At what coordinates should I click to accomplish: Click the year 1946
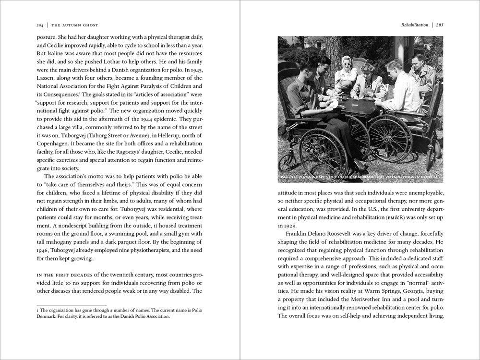[45, 251]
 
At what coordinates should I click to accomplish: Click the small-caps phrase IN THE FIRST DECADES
[64, 275]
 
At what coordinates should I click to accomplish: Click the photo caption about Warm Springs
[360, 178]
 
